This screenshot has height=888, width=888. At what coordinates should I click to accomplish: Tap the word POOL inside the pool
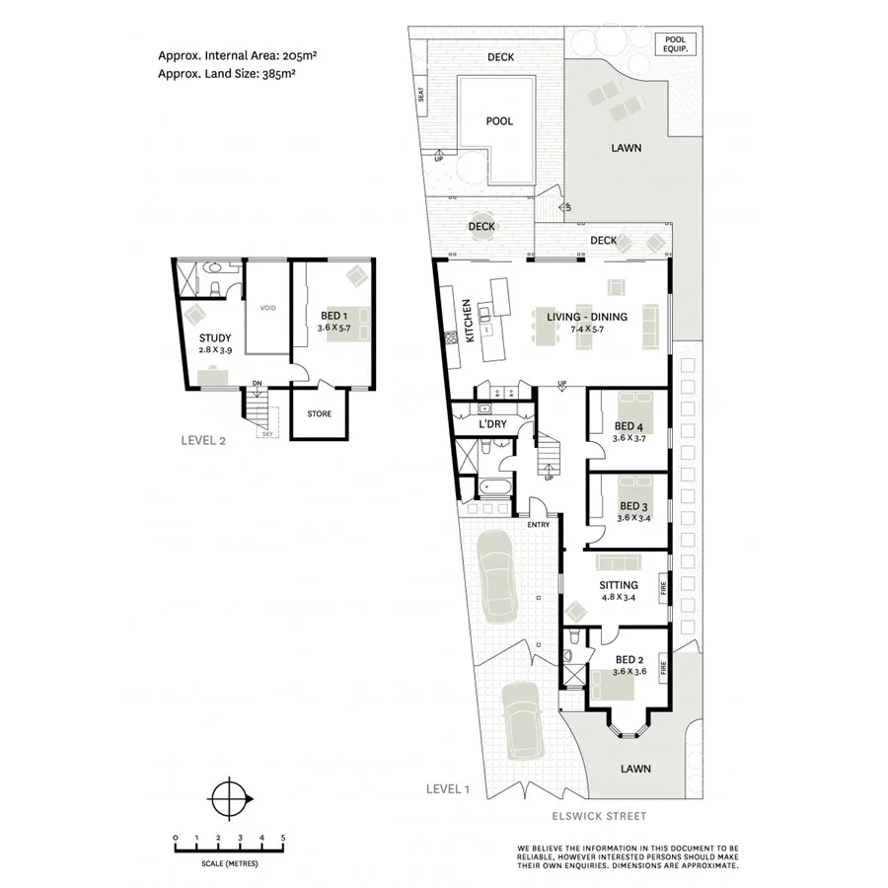500,121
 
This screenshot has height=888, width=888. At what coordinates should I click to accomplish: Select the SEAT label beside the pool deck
420,96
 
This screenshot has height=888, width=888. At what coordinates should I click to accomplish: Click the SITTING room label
619,585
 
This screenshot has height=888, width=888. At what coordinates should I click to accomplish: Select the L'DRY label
491,423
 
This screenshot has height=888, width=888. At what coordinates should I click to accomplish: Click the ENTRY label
538,524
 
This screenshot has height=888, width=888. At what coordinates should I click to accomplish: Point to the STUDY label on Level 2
215,338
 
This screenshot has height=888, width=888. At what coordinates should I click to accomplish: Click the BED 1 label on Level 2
332,315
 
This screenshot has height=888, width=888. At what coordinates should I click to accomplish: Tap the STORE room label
319,413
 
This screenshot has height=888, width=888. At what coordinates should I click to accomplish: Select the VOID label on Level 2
267,308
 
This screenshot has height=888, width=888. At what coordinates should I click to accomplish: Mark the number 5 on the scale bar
283,838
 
